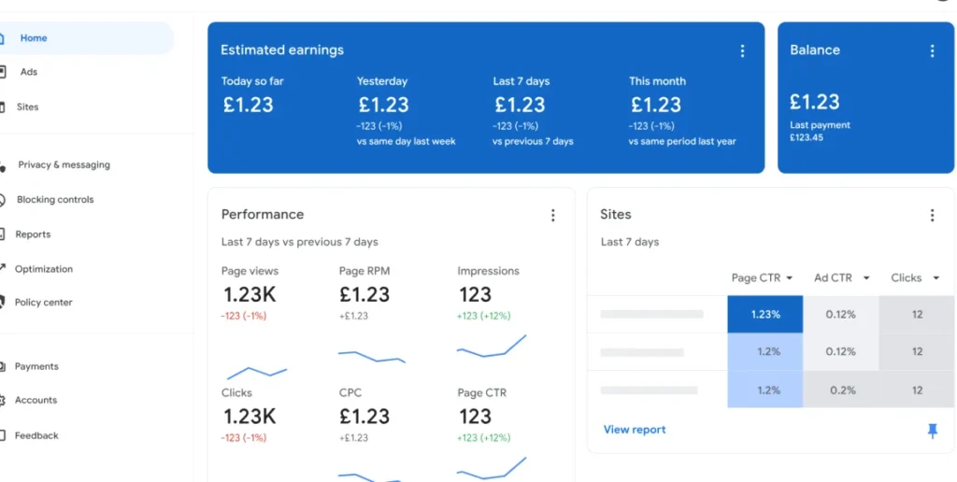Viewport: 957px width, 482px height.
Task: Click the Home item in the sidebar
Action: tap(34, 38)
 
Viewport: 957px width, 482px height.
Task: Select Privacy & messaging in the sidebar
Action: tap(64, 165)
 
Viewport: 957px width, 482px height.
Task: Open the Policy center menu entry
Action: tap(43, 303)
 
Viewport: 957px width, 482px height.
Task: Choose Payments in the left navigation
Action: tap(36, 367)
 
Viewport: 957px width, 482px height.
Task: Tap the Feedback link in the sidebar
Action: tap(36, 436)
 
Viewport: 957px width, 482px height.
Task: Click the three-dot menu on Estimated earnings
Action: tap(743, 51)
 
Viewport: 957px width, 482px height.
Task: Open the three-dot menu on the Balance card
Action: tap(932, 51)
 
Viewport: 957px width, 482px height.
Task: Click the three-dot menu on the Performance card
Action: tap(552, 216)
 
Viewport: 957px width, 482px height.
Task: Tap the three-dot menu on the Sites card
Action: tap(932, 216)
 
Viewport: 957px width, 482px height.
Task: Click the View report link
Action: tap(635, 430)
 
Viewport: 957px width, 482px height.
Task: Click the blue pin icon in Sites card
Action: tap(932, 430)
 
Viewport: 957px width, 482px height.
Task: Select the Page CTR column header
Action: tap(762, 278)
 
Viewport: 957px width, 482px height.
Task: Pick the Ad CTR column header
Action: tap(841, 278)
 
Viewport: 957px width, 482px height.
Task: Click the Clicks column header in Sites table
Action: tap(912, 278)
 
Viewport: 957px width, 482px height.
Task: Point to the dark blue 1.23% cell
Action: tap(765, 315)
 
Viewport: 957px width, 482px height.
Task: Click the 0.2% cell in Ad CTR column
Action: tap(841, 390)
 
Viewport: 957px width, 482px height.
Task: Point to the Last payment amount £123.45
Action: tap(807, 138)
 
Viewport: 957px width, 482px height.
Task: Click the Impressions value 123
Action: tap(475, 295)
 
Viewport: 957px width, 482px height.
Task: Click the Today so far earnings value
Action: tap(248, 105)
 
